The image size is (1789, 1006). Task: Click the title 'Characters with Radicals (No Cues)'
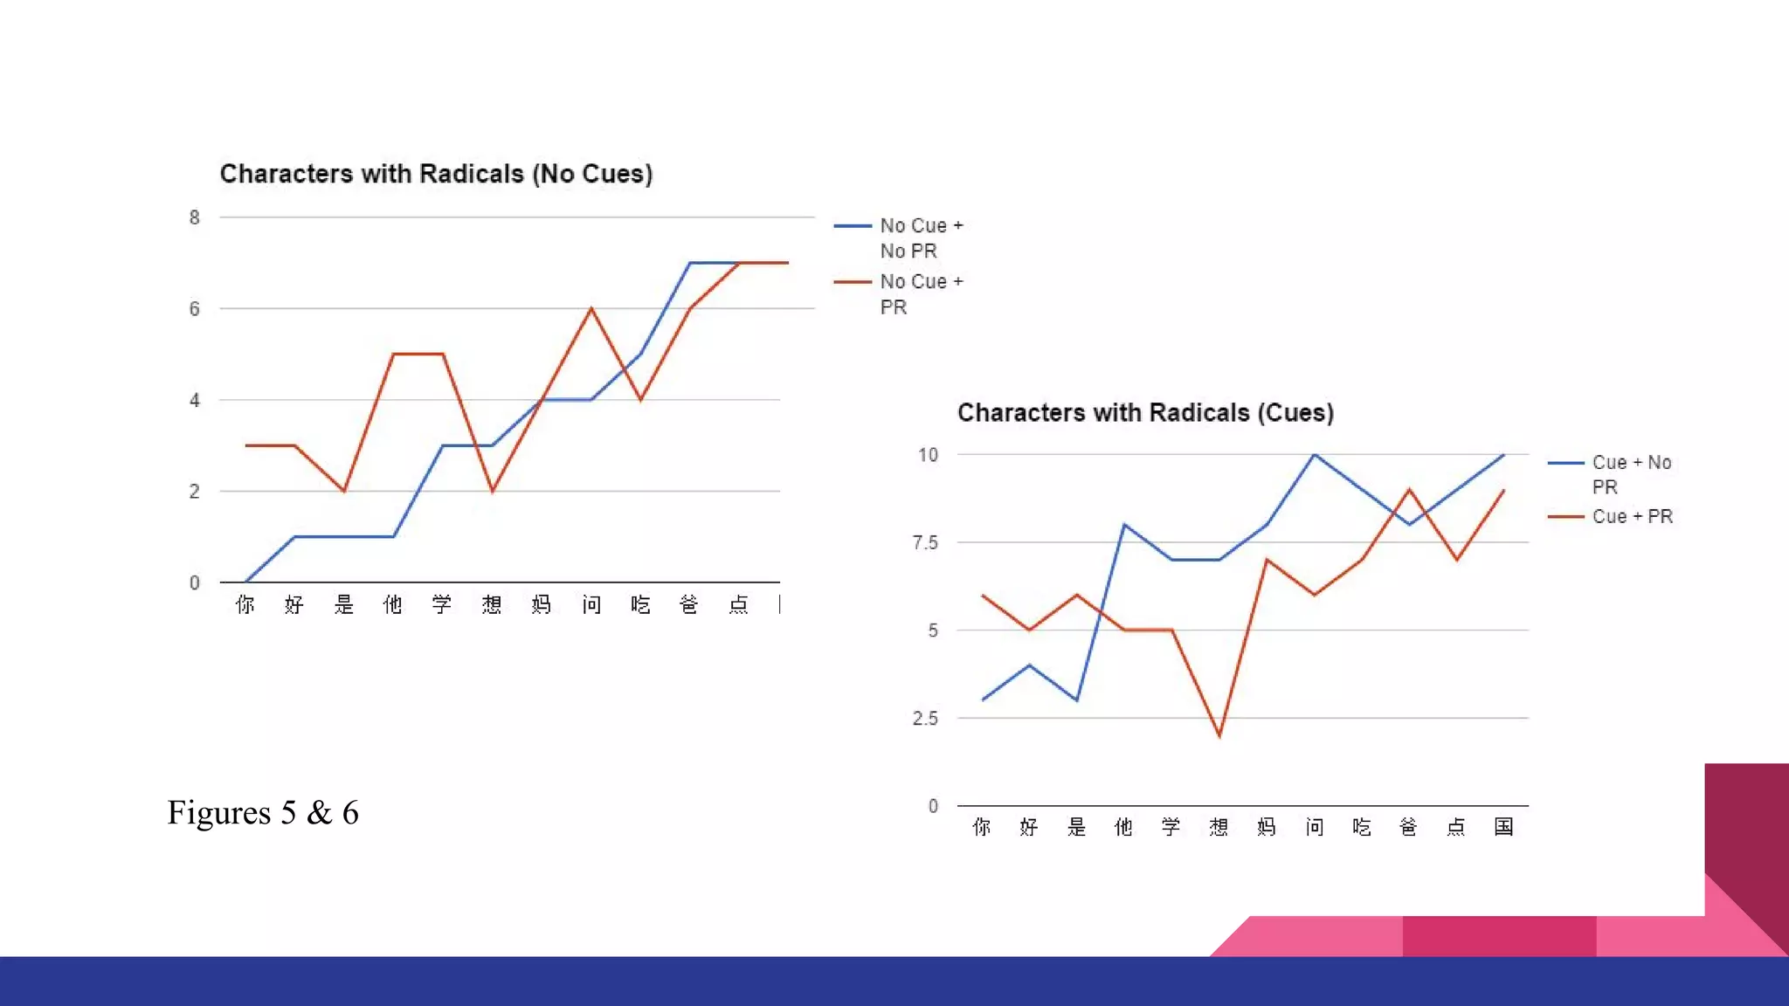pyautogui.click(x=436, y=174)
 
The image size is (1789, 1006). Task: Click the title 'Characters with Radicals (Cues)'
pyautogui.click(x=1145, y=412)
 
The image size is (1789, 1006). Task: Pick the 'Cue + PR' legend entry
pyautogui.click(x=1632, y=516)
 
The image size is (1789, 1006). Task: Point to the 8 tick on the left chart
pyautogui.click(x=194, y=217)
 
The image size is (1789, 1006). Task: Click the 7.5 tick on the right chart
pyautogui.click(x=925, y=542)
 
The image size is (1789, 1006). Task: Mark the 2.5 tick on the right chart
pyautogui.click(x=925, y=718)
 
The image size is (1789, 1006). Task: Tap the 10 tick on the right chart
pyautogui.click(x=928, y=454)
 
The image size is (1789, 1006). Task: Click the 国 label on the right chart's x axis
pyautogui.click(x=1503, y=826)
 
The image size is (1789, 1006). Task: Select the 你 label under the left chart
pyautogui.click(x=245, y=604)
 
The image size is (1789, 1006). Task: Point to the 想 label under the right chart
pyautogui.click(x=1219, y=826)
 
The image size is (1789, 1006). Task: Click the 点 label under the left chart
pyautogui.click(x=739, y=604)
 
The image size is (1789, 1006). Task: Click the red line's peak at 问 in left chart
pyautogui.click(x=591, y=308)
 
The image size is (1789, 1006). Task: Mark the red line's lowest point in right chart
pyautogui.click(x=1219, y=736)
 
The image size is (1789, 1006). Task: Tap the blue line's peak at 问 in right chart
pyautogui.click(x=1314, y=454)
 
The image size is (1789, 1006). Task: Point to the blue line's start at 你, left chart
pyautogui.click(x=245, y=582)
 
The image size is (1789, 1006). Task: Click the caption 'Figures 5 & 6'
pyautogui.click(x=263, y=812)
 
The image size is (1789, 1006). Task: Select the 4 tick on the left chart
pyautogui.click(x=194, y=400)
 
